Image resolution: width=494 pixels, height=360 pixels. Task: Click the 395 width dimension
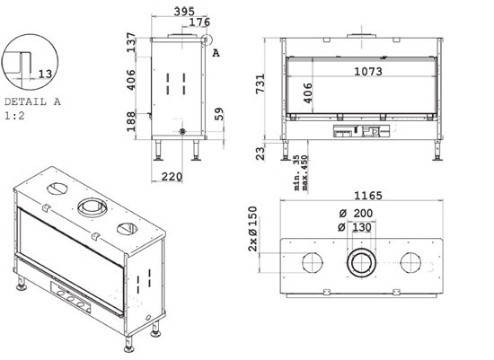(x=185, y=12)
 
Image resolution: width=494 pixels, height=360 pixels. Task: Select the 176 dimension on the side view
(x=199, y=22)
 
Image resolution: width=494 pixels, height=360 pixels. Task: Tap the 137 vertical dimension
(x=131, y=42)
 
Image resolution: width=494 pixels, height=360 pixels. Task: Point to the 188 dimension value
(x=131, y=121)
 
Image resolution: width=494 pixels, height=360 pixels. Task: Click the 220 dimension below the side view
(x=172, y=177)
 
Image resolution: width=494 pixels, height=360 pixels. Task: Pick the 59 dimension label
(x=219, y=114)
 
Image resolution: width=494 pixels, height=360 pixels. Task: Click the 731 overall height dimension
(x=260, y=83)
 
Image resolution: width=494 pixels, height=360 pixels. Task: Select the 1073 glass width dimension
(x=368, y=72)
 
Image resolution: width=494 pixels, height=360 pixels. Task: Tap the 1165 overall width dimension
(x=368, y=196)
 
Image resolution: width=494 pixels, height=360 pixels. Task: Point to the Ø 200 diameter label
(x=356, y=214)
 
